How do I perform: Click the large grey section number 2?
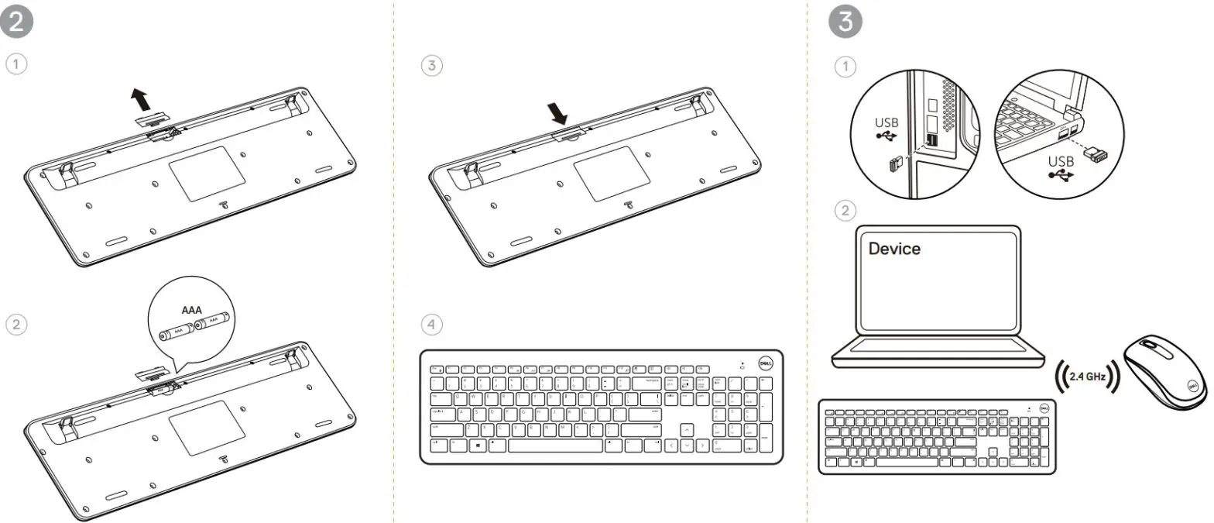(16, 22)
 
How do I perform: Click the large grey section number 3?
(845, 22)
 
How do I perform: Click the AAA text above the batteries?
(191, 311)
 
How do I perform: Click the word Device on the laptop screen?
(894, 249)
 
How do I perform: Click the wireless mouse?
(1164, 372)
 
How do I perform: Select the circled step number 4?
(432, 325)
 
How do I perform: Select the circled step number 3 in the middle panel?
(432, 66)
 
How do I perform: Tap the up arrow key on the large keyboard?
(688, 430)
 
